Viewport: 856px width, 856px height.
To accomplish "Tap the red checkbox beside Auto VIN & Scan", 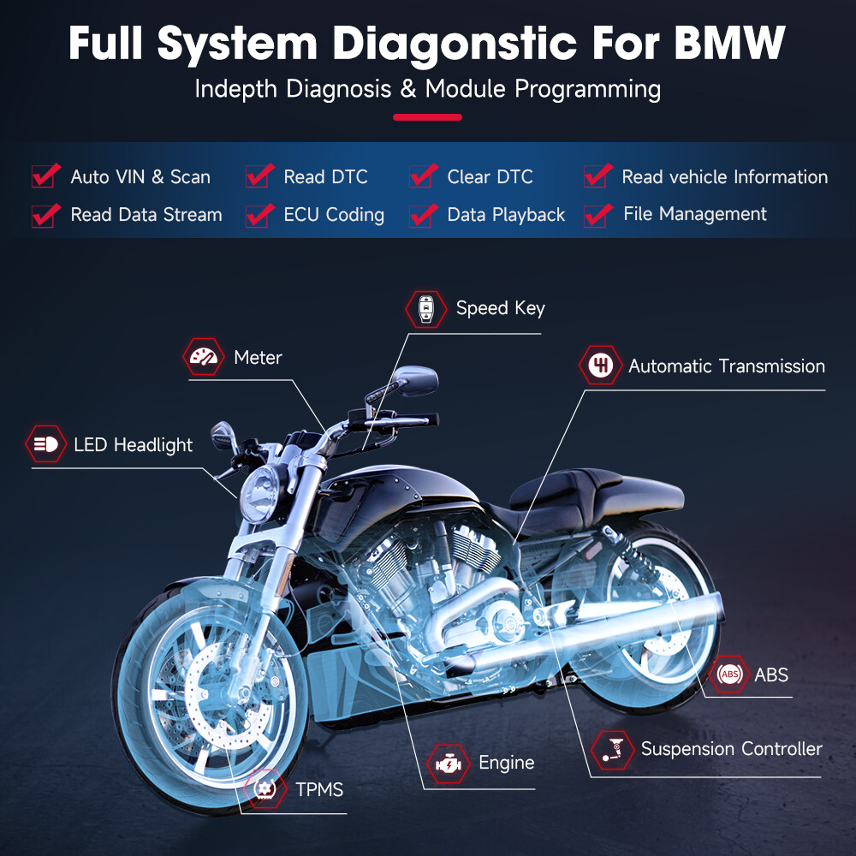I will coord(45,175).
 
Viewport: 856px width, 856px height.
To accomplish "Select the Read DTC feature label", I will coord(325,177).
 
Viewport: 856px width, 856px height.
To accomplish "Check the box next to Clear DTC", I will coord(421,175).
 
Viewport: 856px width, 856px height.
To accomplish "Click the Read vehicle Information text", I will coord(724,177).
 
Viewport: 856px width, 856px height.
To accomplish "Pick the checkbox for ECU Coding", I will coord(259,214).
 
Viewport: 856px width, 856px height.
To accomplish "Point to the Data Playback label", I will coord(506,215).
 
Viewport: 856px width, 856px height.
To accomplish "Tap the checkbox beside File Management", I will coord(597,214).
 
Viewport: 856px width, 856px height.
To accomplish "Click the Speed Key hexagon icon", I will coord(425,308).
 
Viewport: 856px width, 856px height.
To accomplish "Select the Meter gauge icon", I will coord(205,357).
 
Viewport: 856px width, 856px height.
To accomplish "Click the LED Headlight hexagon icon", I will coord(45,444).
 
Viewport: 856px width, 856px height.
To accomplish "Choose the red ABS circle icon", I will coord(730,675).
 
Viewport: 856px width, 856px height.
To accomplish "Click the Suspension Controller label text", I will coord(731,749).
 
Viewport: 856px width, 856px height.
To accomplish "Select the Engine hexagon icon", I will coord(447,763).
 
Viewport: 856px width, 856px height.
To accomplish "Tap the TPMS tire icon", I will coord(265,788).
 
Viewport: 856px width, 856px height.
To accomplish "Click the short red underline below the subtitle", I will coord(427,117).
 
